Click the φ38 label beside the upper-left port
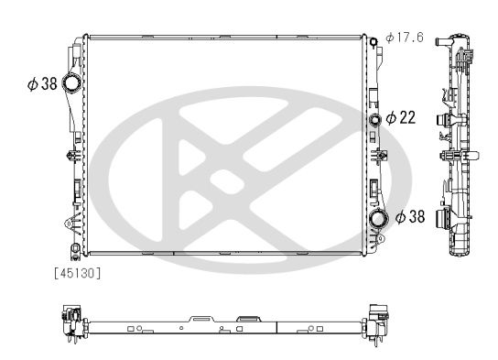tap(42, 84)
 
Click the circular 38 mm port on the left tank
tap(71, 85)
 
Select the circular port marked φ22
tap(374, 120)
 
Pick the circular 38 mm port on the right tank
tap(377, 219)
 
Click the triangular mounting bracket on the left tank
tap(67, 224)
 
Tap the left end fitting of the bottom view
tap(67, 322)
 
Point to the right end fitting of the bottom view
tap(375, 321)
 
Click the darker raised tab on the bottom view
tap(246, 317)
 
